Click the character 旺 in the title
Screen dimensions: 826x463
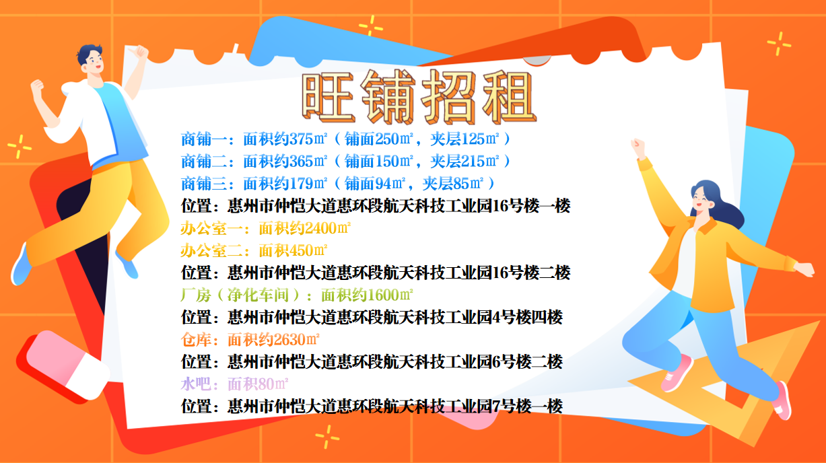point(328,97)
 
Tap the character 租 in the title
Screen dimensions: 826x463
point(510,97)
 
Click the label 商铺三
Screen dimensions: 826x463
point(204,184)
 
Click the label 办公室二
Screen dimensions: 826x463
point(211,250)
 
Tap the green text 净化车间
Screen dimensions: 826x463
point(258,295)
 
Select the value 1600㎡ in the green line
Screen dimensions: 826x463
point(390,295)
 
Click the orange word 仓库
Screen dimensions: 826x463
point(196,339)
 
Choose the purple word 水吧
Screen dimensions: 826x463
point(196,384)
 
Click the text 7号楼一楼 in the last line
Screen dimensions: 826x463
point(528,406)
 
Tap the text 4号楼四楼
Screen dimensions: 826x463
point(528,317)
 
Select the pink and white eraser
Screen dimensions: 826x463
point(63,365)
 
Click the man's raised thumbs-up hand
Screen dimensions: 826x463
point(140,52)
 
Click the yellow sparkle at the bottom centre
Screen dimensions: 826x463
point(327,437)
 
